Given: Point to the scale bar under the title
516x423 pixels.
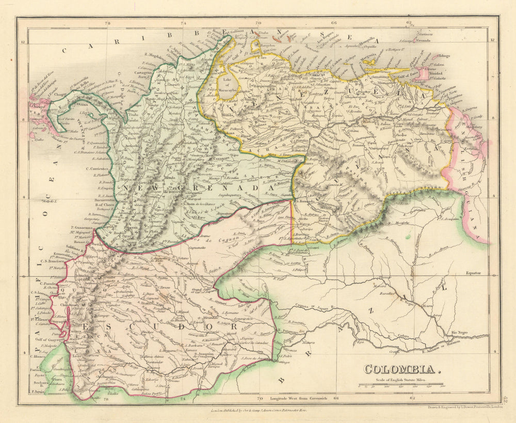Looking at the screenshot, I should (x=401, y=384).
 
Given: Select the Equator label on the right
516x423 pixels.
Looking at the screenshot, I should (x=473, y=272).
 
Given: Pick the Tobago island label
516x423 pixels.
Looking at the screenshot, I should (x=444, y=56).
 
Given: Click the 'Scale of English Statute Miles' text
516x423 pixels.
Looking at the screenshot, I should (x=401, y=379).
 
